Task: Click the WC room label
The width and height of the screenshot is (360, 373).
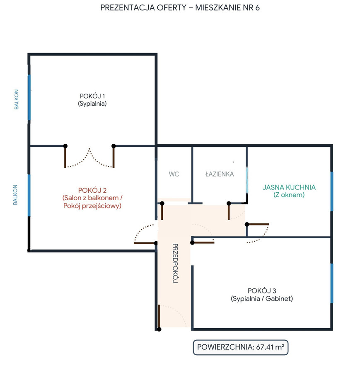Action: click(x=174, y=174)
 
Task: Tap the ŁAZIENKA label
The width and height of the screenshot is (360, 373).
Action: click(x=220, y=174)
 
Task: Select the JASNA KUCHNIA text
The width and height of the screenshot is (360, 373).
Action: click(x=289, y=187)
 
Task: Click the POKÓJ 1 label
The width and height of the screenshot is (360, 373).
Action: click(x=92, y=96)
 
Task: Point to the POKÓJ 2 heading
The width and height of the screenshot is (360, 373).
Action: click(x=92, y=190)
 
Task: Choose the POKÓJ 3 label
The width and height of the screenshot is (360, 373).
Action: click(x=262, y=291)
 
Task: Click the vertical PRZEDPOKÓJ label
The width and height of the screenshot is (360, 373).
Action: click(x=175, y=263)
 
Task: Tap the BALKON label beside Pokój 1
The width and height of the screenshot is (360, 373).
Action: click(x=16, y=99)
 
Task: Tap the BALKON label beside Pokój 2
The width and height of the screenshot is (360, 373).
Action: click(x=15, y=195)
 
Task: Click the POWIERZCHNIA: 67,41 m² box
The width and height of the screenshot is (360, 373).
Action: click(x=240, y=347)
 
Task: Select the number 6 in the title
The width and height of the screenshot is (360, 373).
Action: click(x=257, y=8)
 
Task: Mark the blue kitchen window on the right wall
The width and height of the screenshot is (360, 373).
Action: click(x=331, y=191)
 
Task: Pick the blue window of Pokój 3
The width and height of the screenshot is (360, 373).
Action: click(x=331, y=283)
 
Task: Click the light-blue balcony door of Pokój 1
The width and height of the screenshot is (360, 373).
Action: click(x=29, y=97)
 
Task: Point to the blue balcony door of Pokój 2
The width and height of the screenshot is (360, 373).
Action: click(x=29, y=195)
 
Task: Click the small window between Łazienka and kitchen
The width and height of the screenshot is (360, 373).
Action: click(x=247, y=179)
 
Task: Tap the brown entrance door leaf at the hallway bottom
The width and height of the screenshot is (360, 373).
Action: click(x=159, y=316)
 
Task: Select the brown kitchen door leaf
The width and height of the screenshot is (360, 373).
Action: click(x=258, y=224)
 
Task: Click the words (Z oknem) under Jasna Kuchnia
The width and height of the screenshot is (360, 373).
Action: click(x=289, y=195)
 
